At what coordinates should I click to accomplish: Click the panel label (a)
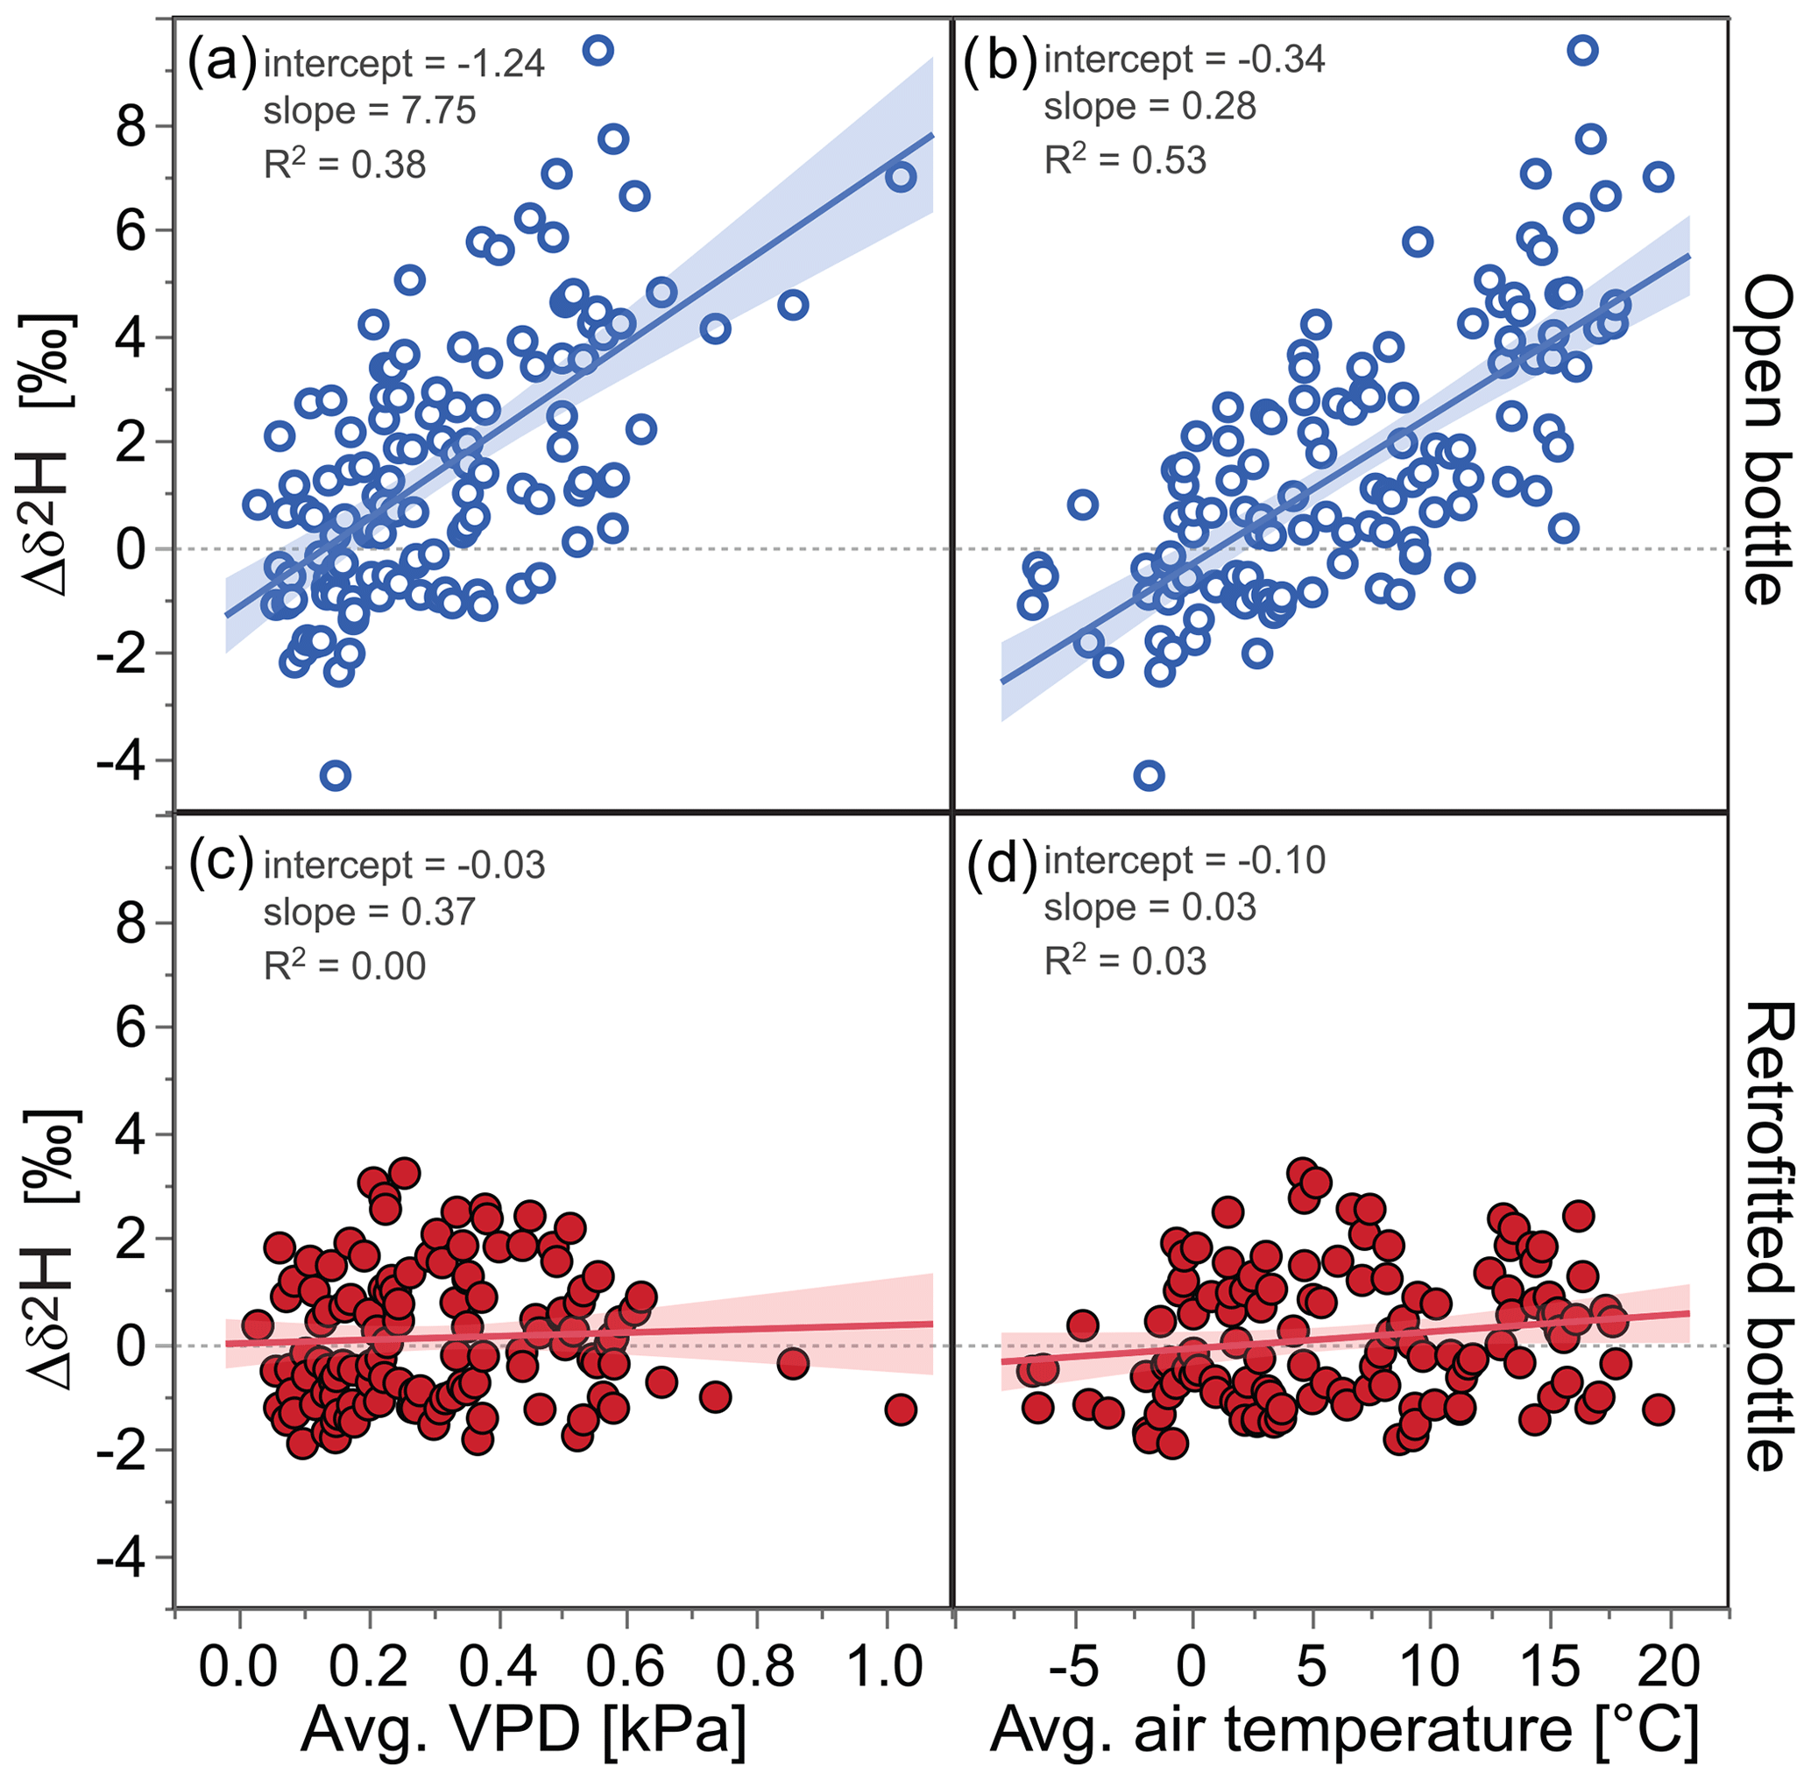click(222, 64)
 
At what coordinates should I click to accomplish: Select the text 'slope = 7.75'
click(370, 111)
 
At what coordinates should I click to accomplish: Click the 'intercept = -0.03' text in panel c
click(404, 865)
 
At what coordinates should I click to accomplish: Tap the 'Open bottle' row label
click(1769, 440)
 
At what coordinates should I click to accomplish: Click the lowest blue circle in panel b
click(1149, 775)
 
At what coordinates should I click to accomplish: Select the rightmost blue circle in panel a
click(901, 177)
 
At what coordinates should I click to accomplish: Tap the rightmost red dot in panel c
click(901, 1409)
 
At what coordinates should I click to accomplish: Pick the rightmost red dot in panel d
click(1658, 1409)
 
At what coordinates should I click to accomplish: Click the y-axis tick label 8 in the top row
click(131, 126)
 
